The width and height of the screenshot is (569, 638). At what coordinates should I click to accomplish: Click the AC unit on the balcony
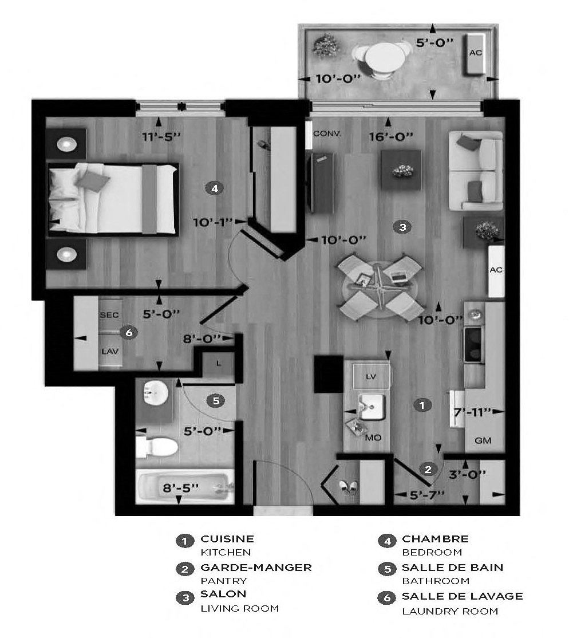(x=475, y=53)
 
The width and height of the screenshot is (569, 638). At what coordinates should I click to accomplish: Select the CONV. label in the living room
(x=327, y=133)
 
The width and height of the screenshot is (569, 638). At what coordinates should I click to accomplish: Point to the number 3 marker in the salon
(x=402, y=227)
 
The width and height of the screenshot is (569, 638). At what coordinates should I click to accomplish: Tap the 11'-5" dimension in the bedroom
(x=161, y=137)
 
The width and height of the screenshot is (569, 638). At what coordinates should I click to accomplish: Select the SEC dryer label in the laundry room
(x=109, y=316)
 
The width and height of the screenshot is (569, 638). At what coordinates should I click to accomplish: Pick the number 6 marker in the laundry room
(x=128, y=332)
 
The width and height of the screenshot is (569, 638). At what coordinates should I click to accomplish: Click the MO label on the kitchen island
(x=373, y=438)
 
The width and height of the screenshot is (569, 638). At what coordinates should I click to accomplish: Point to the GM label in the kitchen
(x=483, y=441)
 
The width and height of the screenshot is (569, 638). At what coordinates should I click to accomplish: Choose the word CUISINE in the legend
(x=227, y=539)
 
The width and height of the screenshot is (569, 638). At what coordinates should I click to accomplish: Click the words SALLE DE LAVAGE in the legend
(x=462, y=596)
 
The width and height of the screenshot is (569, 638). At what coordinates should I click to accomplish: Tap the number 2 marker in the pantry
(x=428, y=470)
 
